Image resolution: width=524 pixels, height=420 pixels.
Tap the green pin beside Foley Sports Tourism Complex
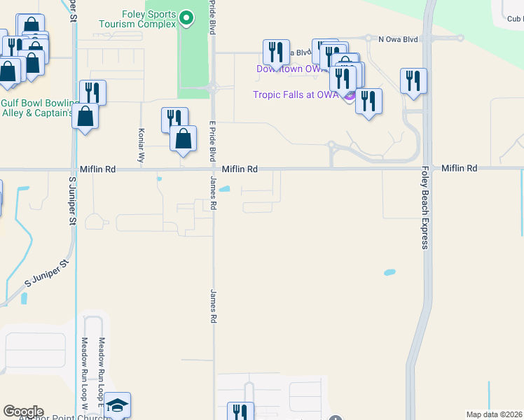pos(186,17)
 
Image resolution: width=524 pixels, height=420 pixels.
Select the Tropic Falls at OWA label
pos(296,95)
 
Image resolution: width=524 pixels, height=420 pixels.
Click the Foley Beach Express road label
pos(425,207)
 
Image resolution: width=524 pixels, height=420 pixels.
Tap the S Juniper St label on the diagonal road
pos(48,272)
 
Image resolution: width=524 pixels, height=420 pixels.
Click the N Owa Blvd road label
pos(397,39)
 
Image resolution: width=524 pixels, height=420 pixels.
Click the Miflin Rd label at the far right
pos(460,169)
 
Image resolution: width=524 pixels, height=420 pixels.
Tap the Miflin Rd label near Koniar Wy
pos(97,169)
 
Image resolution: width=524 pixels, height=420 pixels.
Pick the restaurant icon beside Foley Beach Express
pos(413,80)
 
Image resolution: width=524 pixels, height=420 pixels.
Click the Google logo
pos(23,412)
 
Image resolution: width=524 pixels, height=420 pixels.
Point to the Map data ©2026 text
pos(494,414)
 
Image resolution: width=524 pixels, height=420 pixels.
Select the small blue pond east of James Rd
pos(225,188)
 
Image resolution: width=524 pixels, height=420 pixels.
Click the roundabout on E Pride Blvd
pos(213,87)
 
